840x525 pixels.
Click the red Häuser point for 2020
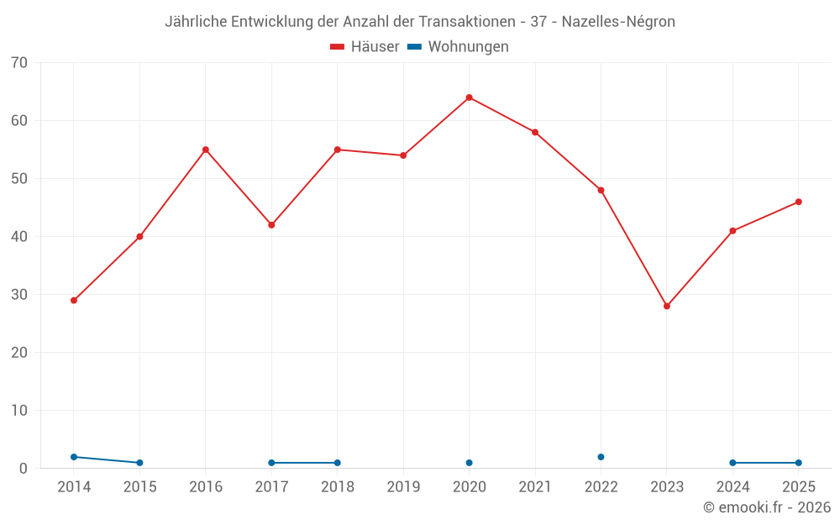(470, 97)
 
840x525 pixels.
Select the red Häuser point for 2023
(667, 307)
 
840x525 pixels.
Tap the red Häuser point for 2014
(74, 301)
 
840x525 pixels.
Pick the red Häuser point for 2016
(206, 150)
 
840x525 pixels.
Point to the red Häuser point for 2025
(799, 202)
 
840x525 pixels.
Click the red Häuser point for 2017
(271, 225)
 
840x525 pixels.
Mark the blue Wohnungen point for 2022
(601, 457)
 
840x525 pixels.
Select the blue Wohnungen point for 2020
(470, 463)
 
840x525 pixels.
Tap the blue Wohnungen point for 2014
(74, 457)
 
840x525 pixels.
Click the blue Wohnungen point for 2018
(338, 463)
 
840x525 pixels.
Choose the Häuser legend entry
(365, 46)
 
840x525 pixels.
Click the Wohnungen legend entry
(458, 46)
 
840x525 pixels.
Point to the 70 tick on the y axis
(19, 63)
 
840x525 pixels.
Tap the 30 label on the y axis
(19, 295)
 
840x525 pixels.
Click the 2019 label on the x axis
(403, 487)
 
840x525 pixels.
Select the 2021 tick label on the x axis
(535, 487)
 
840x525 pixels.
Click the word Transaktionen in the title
(466, 22)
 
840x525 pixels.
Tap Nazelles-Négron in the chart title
(618, 22)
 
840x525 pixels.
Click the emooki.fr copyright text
(767, 507)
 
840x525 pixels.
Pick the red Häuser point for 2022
(601, 190)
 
